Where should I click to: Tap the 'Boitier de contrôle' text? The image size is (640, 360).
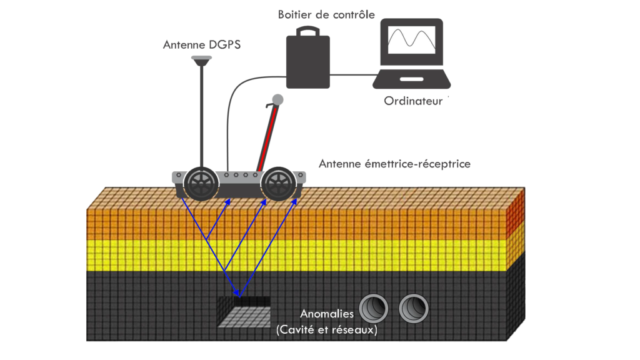click(326, 14)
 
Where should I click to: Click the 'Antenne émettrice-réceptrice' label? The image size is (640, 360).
click(394, 164)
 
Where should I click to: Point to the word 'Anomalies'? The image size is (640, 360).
click(327, 314)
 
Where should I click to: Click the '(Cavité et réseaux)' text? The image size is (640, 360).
click(327, 329)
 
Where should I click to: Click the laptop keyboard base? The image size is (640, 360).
click(412, 79)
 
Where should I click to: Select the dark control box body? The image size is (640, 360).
click(307, 61)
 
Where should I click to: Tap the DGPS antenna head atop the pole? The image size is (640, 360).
click(201, 60)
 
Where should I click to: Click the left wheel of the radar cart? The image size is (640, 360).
click(201, 182)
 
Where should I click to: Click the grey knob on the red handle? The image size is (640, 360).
click(277, 99)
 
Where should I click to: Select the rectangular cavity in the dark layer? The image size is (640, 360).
click(244, 311)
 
